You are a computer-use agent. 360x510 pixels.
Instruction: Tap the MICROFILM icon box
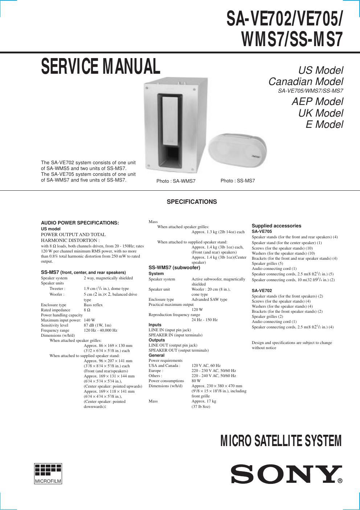[48, 473]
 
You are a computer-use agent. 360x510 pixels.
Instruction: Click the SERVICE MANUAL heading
[101, 66]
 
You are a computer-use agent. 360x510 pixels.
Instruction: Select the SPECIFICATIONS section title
[192, 202]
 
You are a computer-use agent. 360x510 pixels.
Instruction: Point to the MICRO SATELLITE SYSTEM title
[281, 441]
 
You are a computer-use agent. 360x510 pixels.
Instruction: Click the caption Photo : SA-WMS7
[176, 181]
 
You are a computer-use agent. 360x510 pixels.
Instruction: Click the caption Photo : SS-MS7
[238, 181]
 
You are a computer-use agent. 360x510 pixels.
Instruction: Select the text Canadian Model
[306, 81]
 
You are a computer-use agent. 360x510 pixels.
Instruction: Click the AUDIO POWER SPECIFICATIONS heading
[80, 223]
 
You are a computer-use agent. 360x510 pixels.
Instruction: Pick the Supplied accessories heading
[277, 226]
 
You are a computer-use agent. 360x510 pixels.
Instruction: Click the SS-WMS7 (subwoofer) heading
[174, 268]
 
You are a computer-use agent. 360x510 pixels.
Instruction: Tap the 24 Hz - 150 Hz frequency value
[204, 320]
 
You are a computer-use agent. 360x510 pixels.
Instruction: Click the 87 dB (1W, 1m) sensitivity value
[97, 325]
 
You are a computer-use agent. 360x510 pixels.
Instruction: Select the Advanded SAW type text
[209, 299]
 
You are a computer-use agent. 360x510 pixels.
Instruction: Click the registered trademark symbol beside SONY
[340, 481]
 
